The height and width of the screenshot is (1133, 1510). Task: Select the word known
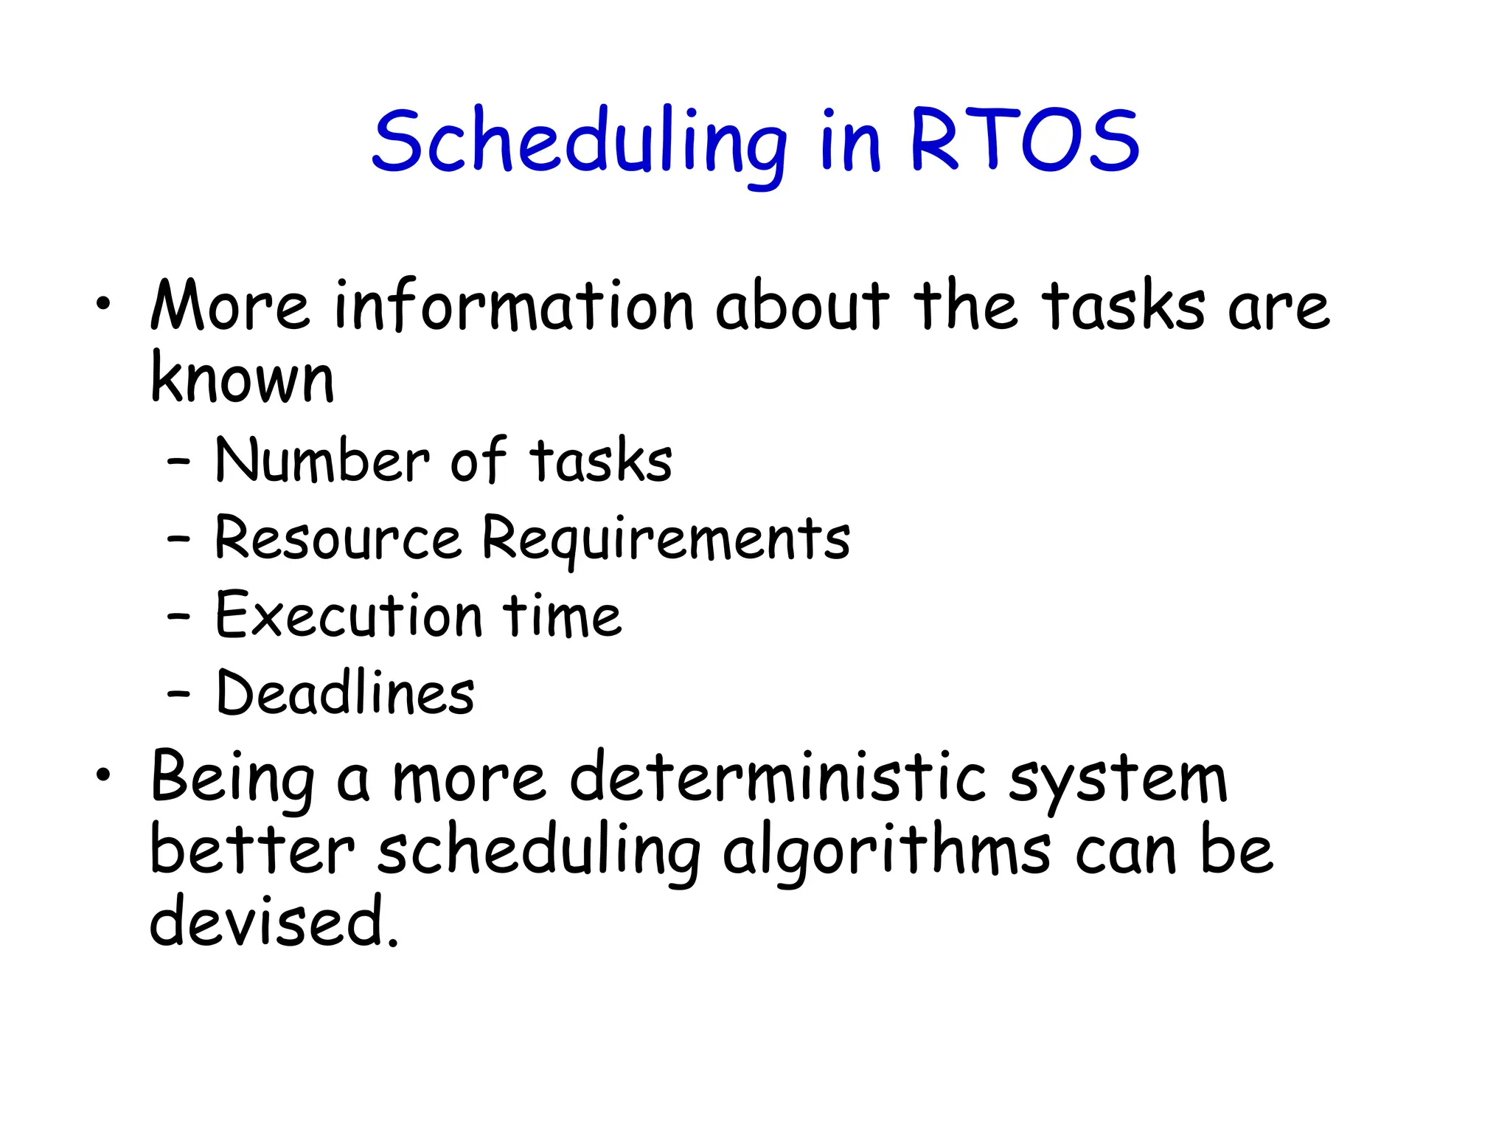tap(243, 378)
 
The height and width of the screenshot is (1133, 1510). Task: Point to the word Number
tap(322, 461)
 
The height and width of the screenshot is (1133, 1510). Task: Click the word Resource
tap(338, 538)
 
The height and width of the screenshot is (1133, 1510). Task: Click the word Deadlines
tap(345, 694)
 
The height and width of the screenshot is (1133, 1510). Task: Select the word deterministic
tap(778, 778)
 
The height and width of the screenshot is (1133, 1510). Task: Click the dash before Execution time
tap(178, 617)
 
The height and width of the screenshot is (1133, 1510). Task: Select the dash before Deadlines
tap(178, 694)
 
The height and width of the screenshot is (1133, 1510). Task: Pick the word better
tap(252, 850)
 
